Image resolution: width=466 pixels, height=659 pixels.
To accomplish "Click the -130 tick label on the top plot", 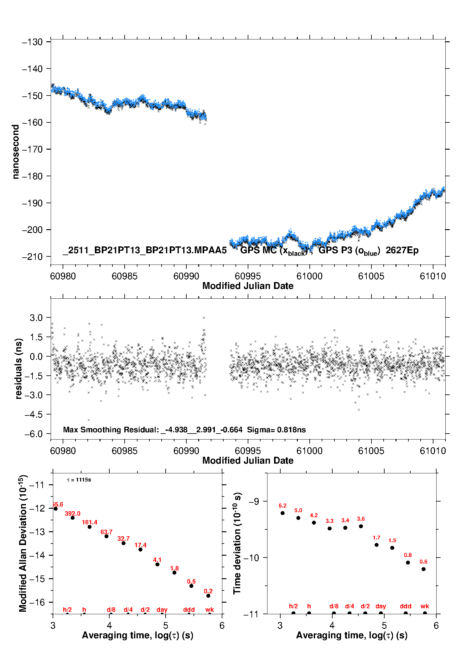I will click(x=32, y=42).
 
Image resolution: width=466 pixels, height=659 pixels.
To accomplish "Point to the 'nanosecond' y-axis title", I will click(x=15, y=152).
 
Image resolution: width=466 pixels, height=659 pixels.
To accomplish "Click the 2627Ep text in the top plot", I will click(x=402, y=250).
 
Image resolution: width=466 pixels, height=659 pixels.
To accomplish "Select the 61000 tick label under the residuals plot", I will click(x=309, y=451).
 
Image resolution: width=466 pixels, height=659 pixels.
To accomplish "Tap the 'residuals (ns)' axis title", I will click(x=19, y=368).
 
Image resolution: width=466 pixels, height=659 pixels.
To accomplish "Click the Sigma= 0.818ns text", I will click(x=276, y=430).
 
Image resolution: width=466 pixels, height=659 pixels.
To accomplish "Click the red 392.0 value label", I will click(x=73, y=513).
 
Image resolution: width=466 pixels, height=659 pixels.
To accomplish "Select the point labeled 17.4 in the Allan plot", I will click(x=140, y=549).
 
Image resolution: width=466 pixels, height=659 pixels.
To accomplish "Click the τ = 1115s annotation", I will click(x=79, y=480).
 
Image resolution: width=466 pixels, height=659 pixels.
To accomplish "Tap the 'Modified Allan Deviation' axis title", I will click(x=23, y=543).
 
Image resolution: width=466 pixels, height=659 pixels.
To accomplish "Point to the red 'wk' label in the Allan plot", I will click(x=210, y=610).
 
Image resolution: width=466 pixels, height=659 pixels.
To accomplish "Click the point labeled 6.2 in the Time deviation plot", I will click(x=282, y=513).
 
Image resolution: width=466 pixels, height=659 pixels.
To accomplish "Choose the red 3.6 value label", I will click(x=361, y=519).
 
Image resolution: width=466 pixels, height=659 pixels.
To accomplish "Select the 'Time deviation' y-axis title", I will click(x=237, y=543).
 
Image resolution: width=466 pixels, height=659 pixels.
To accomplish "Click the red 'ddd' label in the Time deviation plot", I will click(x=406, y=606).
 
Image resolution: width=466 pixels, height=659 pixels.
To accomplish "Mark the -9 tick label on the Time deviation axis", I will click(x=254, y=502).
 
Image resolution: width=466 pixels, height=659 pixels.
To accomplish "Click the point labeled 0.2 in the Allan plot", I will click(x=208, y=596).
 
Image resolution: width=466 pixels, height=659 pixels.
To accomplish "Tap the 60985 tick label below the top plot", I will click(x=124, y=276).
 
